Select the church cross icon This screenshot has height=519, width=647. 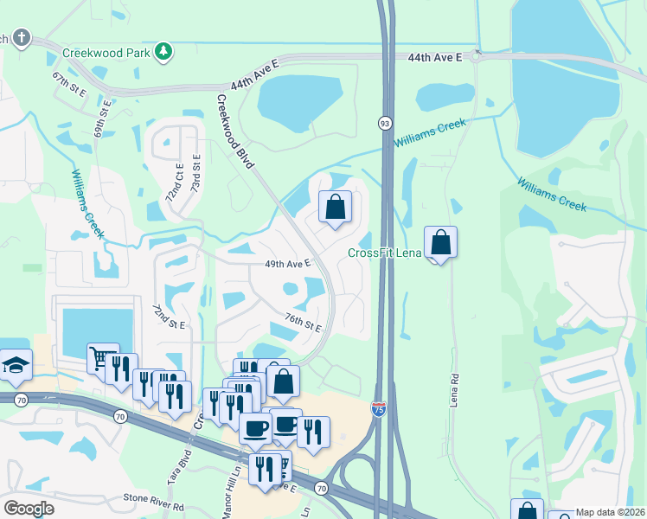click(22, 39)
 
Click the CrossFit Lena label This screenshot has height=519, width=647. click(384, 253)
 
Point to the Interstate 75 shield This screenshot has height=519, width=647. click(379, 409)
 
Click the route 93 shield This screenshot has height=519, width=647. click(384, 124)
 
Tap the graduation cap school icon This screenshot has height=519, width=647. click(16, 366)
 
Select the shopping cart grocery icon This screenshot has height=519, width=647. click(100, 356)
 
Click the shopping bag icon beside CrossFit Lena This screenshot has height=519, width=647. click(440, 242)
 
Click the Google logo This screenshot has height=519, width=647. click(29, 509)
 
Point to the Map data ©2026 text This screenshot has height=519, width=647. click(610, 512)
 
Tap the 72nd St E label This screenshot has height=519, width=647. click(170, 317)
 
